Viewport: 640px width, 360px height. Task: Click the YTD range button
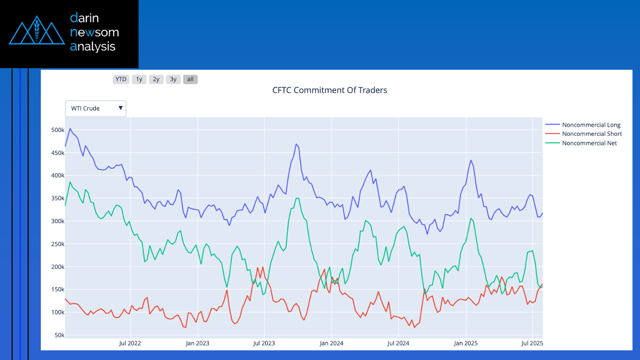coord(121,79)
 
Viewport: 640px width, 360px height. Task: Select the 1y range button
coord(139,79)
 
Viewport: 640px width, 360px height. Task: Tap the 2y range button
coord(156,79)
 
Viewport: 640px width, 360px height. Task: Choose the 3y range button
coord(173,79)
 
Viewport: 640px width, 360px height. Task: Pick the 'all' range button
coord(190,79)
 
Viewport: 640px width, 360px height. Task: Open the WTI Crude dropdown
coord(96,108)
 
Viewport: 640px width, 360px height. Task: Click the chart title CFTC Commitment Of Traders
coord(330,90)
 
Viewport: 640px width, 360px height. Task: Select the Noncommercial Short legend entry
coord(591,134)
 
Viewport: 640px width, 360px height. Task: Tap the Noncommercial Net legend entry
coord(589,143)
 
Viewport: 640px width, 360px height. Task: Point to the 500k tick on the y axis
coord(57,130)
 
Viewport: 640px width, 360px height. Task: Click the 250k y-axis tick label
coord(57,244)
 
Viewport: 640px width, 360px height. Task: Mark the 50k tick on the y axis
coord(59,335)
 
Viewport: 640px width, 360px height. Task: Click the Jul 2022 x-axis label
coord(130,343)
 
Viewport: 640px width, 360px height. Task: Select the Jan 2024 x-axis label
coord(331,343)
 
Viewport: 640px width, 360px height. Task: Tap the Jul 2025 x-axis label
coord(532,343)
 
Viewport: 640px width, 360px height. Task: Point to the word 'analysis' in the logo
coord(93,47)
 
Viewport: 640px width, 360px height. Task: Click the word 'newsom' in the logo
coord(94,32)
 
